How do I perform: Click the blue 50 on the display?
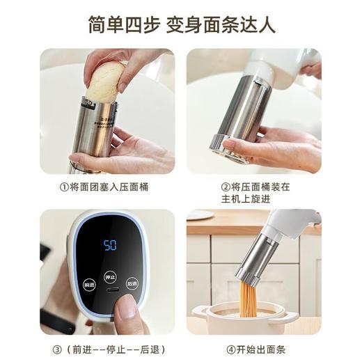(110, 245)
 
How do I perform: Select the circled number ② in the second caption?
(226, 187)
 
